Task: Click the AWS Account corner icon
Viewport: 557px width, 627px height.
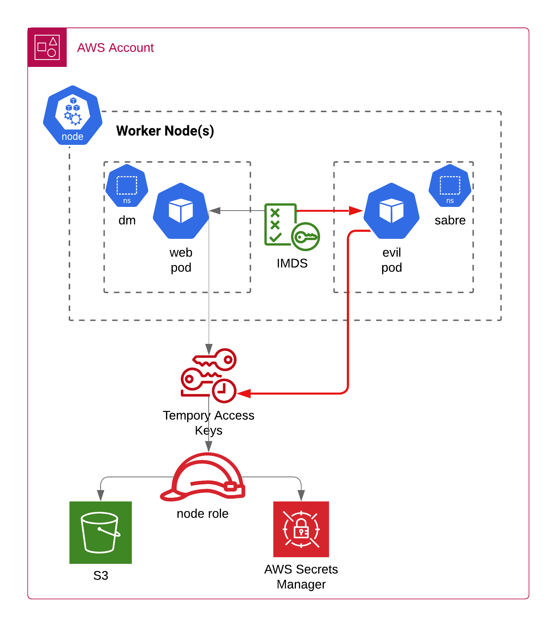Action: tap(47, 47)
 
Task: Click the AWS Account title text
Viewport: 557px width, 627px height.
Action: tap(115, 48)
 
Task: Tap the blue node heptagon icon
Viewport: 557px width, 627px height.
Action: tap(73, 115)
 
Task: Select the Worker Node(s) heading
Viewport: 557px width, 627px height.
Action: tap(165, 131)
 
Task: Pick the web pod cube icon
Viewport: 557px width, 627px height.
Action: tap(181, 211)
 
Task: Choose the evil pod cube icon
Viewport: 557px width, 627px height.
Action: tap(391, 211)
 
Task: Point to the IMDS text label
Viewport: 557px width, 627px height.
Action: tap(292, 263)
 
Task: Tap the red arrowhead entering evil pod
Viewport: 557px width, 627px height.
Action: tap(356, 211)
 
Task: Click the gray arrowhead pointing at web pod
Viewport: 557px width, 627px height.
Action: tap(215, 211)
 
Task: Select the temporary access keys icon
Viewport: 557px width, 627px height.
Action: tap(209, 375)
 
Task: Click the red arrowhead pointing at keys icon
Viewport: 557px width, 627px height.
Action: tap(244, 393)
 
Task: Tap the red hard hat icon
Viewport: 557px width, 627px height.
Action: tap(203, 477)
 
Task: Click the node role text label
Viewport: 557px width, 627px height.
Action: tap(202, 514)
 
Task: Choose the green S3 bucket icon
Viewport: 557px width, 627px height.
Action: tap(101, 532)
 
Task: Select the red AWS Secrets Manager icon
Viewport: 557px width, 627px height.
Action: tap(301, 529)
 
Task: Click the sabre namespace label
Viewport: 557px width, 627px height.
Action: tap(450, 220)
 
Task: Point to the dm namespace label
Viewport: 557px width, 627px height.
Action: tap(127, 220)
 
